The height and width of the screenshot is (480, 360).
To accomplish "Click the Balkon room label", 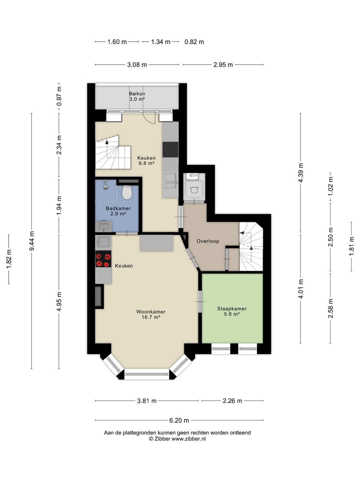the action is pyautogui.click(x=137, y=96).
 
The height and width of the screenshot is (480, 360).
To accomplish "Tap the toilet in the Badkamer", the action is pyautogui.click(x=127, y=192).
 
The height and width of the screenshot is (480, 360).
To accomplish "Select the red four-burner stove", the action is pyautogui.click(x=103, y=259).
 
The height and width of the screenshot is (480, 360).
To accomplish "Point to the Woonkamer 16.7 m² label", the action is pyautogui.click(x=151, y=314).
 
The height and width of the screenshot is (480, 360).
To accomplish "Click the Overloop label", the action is pyautogui.click(x=208, y=241).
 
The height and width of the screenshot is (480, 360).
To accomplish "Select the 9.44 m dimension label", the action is pyautogui.click(x=32, y=241).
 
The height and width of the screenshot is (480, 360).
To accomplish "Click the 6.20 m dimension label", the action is pyautogui.click(x=179, y=420).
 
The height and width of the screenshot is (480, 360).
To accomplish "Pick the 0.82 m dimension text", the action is pyautogui.click(x=194, y=42).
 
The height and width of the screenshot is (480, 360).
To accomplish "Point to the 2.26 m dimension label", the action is pyautogui.click(x=232, y=401).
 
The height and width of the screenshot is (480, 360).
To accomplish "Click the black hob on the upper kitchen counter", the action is pyautogui.click(x=170, y=150).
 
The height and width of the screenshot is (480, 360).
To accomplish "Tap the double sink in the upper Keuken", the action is pyautogui.click(x=171, y=181).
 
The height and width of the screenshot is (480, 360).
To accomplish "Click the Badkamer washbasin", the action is pyautogui.click(x=104, y=226).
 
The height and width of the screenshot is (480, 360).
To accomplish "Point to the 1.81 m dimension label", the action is pyautogui.click(x=351, y=247).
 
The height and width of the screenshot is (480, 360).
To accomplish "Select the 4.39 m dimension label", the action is pyautogui.click(x=301, y=173).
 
